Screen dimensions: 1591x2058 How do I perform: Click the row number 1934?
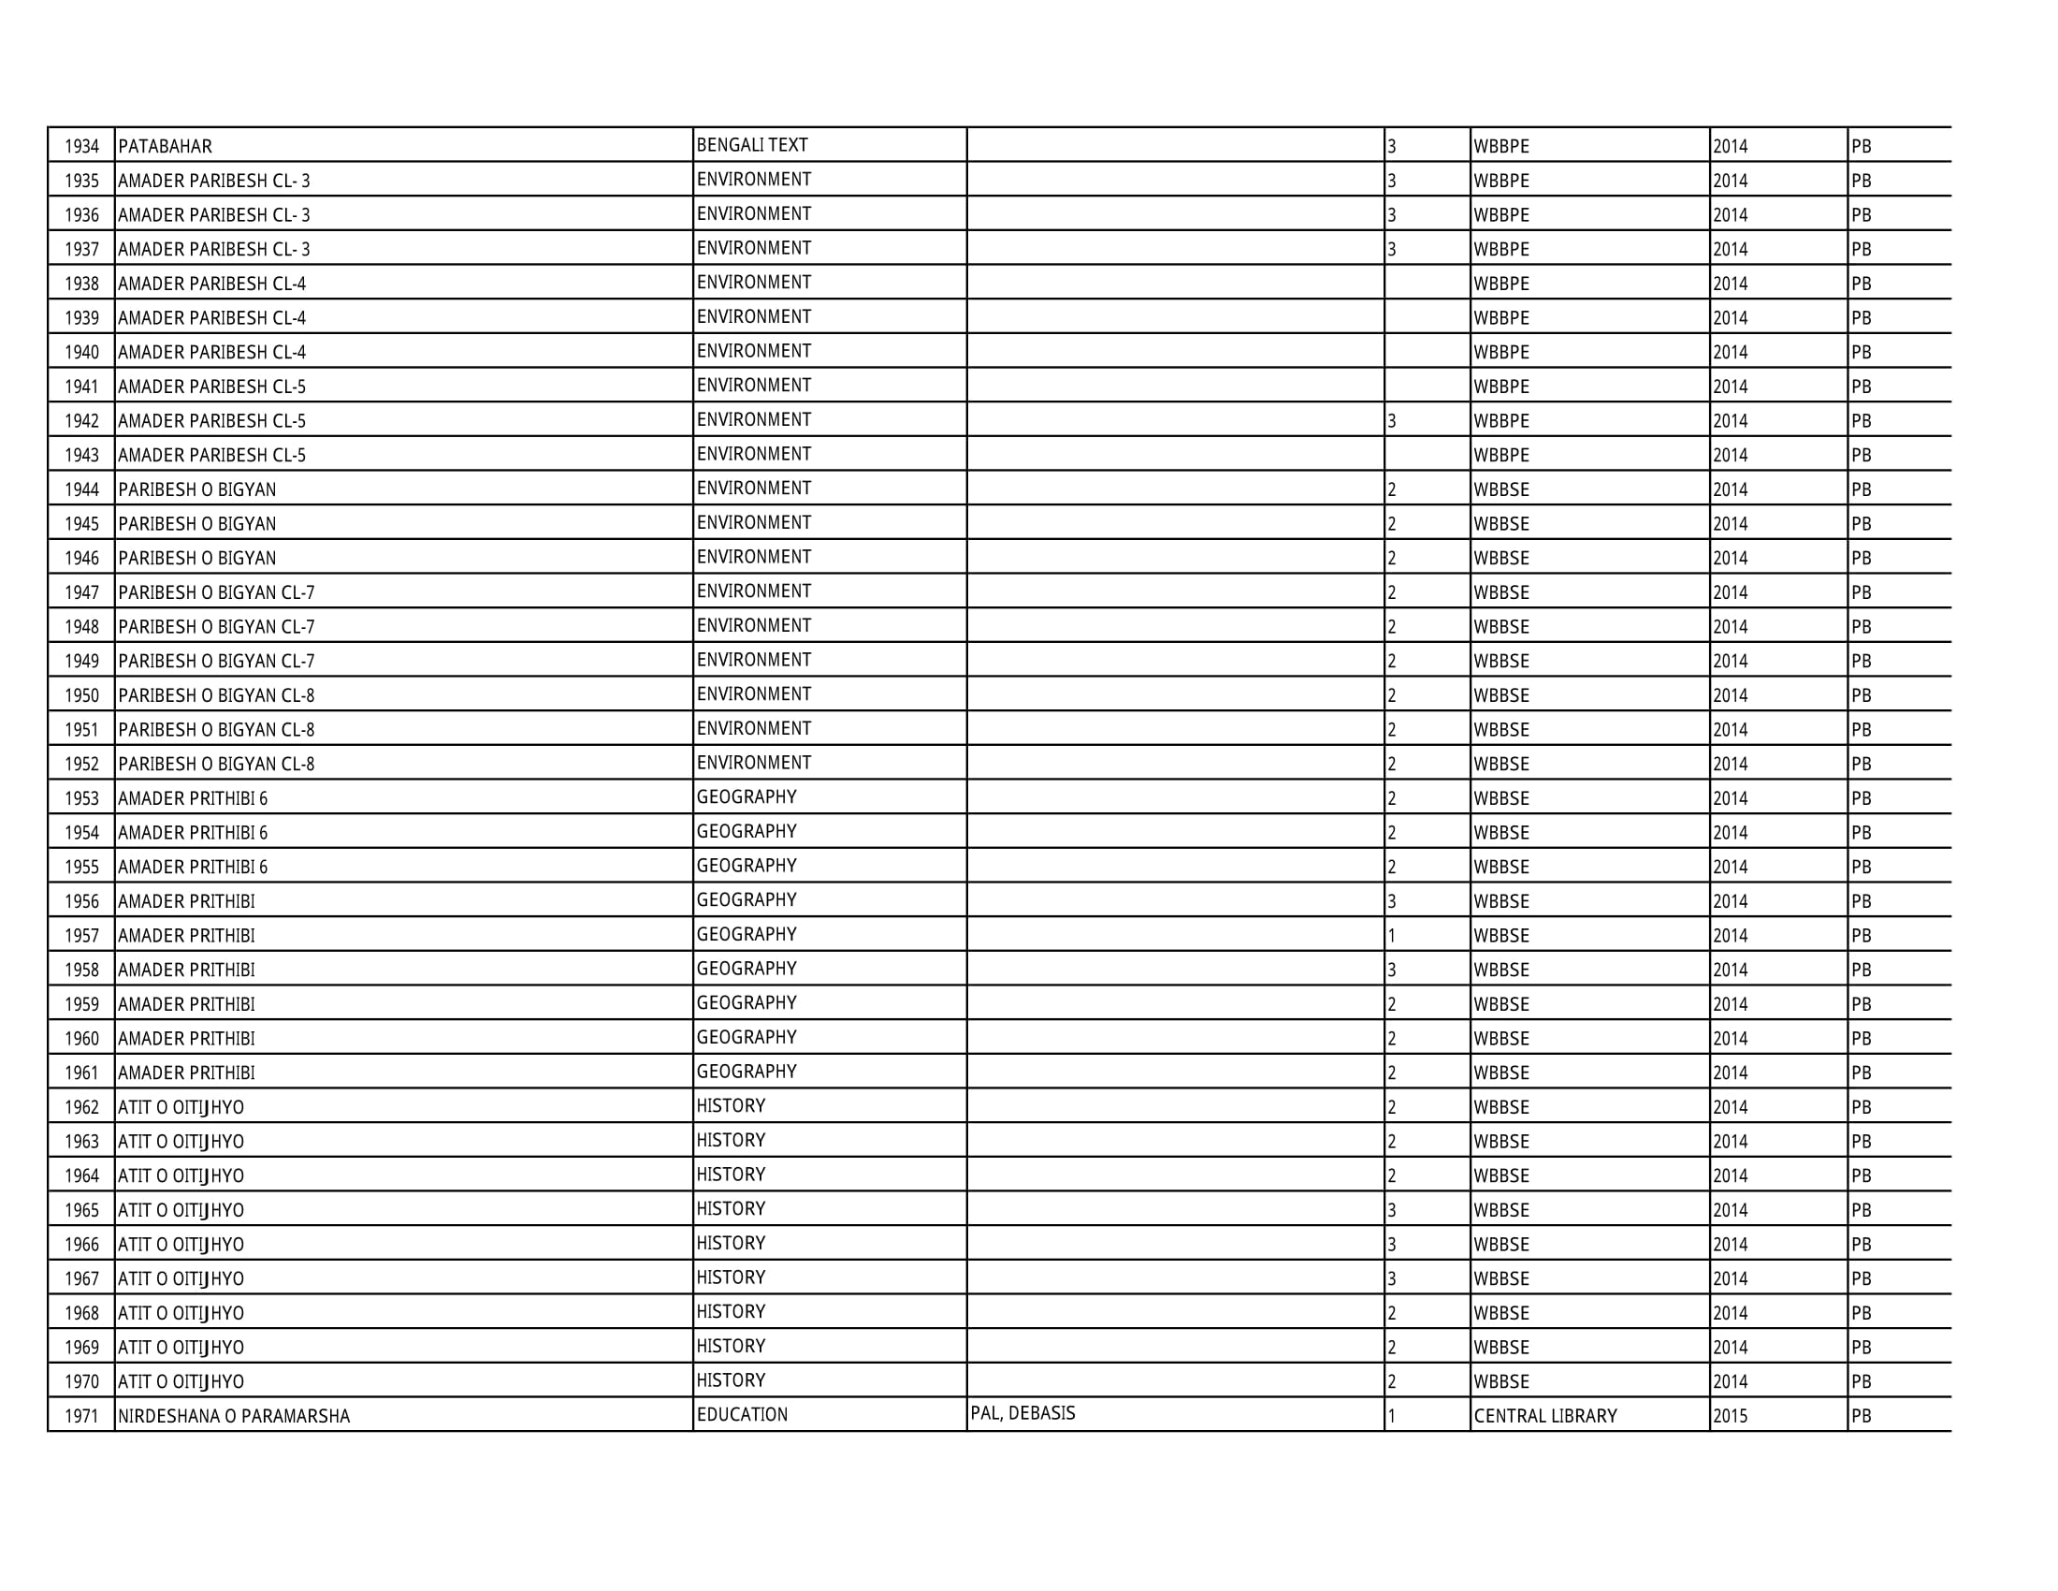pos(82,146)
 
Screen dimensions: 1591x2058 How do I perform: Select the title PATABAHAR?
pos(165,146)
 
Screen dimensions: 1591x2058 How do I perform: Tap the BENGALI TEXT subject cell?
pos(752,145)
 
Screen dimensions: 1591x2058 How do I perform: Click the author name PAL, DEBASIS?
pos(1022,1413)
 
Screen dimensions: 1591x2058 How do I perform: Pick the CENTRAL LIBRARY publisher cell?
pos(1544,1416)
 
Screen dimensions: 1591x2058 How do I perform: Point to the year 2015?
pos(1730,1416)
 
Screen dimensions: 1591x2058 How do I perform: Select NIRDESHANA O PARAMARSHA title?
pos(234,1416)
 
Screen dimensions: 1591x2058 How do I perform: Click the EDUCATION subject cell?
pos(742,1415)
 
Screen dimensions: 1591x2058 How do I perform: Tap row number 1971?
pos(82,1416)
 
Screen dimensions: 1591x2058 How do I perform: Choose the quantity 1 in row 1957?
pos(1392,936)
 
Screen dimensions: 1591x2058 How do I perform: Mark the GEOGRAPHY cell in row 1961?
pos(746,1072)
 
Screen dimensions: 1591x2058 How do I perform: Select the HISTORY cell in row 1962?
pos(731,1105)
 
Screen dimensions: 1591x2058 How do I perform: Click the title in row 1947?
pos(216,592)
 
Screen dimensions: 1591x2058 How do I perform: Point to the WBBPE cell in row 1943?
pos(1501,455)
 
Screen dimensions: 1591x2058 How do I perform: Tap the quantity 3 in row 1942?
pos(1392,421)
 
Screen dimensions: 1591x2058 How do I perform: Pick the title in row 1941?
pos(211,387)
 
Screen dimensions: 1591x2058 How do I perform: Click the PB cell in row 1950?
pos(1861,695)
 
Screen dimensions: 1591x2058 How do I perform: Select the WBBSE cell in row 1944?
pos(1501,489)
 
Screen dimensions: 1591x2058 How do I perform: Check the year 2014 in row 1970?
pos(1730,1381)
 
